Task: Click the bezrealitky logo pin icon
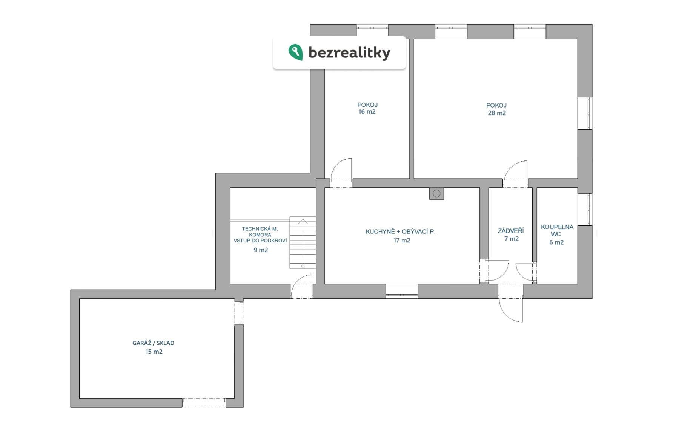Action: point(296,52)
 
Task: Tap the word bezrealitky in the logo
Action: point(349,53)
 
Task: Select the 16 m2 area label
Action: point(367,112)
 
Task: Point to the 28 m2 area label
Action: point(496,113)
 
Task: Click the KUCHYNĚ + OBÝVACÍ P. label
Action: point(400,231)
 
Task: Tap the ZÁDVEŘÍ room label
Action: point(511,231)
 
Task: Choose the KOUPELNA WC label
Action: point(557,230)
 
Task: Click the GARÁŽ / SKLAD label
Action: point(153,343)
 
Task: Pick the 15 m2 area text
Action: point(154,352)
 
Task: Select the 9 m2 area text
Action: point(261,250)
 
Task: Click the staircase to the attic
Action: point(303,242)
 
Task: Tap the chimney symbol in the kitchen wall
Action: point(436,194)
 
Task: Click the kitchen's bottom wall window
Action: point(402,291)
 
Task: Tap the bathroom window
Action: point(585,209)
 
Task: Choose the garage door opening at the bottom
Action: point(204,403)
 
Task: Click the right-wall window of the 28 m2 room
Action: point(585,113)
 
